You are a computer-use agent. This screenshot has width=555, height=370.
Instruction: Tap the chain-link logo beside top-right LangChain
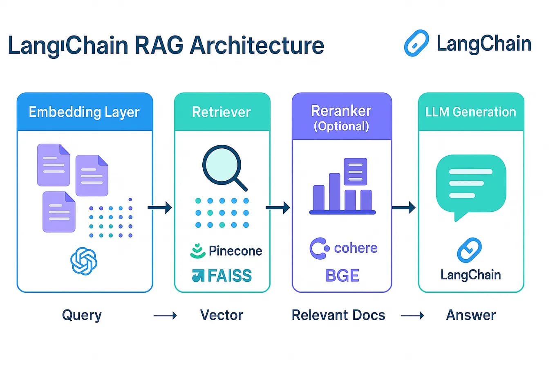416,43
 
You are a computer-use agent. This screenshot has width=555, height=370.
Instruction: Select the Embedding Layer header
84,112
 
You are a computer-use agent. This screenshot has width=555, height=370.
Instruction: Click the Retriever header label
221,112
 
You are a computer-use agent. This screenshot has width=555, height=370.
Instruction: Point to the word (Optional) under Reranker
341,126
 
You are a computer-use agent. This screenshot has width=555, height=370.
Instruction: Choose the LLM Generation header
470,112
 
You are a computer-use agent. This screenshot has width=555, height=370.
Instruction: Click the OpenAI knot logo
84,261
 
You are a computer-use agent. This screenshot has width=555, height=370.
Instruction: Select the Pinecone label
235,251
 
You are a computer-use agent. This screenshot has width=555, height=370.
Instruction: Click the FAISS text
229,276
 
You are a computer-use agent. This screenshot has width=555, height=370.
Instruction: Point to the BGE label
342,276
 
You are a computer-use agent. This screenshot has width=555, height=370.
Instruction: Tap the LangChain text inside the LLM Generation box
470,275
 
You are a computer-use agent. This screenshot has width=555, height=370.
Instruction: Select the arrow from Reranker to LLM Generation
403,208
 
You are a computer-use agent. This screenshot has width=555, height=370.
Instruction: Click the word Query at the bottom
82,315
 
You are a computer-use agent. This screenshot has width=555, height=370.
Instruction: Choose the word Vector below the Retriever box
222,315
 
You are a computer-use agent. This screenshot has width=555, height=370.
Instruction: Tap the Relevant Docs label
338,315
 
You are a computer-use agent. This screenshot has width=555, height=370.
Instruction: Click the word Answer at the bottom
471,315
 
